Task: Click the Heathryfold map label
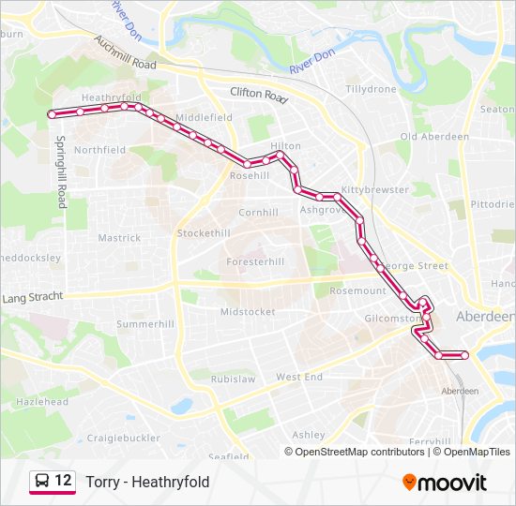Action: click(x=111, y=97)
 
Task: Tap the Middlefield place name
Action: click(x=204, y=117)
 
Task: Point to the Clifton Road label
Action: click(x=258, y=94)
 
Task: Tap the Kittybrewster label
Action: click(x=375, y=189)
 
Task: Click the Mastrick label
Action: click(x=119, y=238)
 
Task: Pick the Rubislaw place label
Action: click(x=233, y=379)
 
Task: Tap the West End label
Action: click(x=299, y=377)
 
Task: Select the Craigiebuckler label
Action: click(x=123, y=438)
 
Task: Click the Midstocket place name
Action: click(x=248, y=311)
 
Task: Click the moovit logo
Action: click(x=445, y=483)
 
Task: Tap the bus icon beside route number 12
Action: click(x=42, y=482)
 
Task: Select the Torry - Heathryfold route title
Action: click(x=147, y=482)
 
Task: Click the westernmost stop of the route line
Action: click(x=52, y=113)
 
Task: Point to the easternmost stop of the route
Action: click(x=465, y=355)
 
